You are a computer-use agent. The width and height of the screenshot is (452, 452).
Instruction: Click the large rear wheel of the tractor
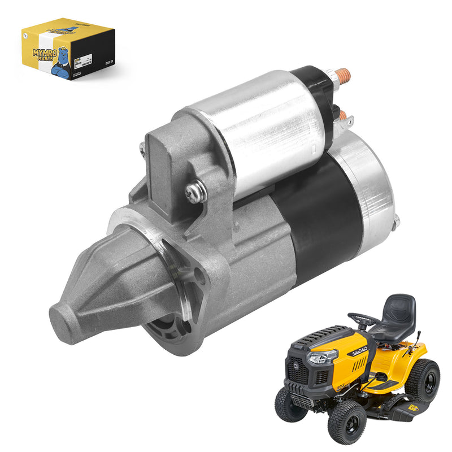(424, 380)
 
